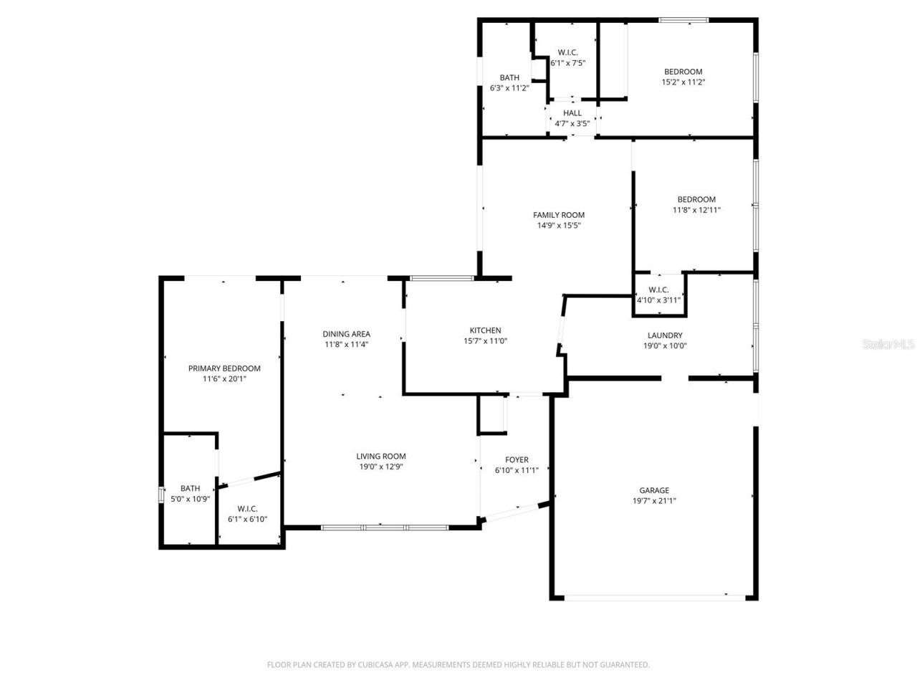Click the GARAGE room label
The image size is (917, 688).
654,491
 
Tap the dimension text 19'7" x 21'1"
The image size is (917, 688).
654,501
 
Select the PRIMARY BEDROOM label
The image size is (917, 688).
224,368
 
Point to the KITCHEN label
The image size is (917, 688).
485,330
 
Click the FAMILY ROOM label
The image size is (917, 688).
559,215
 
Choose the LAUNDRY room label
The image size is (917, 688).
665,335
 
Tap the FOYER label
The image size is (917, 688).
517,460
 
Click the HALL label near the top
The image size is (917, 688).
572,113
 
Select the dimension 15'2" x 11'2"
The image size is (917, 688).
683,82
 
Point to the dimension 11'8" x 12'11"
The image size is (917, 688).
696,210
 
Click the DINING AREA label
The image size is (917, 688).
346,334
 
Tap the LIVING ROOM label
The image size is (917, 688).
381,457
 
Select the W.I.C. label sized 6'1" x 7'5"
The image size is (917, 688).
568,52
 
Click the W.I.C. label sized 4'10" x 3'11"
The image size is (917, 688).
658,290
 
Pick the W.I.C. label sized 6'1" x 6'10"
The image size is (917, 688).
247,509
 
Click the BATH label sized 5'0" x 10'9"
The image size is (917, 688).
190,489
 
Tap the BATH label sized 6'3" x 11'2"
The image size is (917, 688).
509,78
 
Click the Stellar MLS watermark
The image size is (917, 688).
888,345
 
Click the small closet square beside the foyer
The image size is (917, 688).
491,415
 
